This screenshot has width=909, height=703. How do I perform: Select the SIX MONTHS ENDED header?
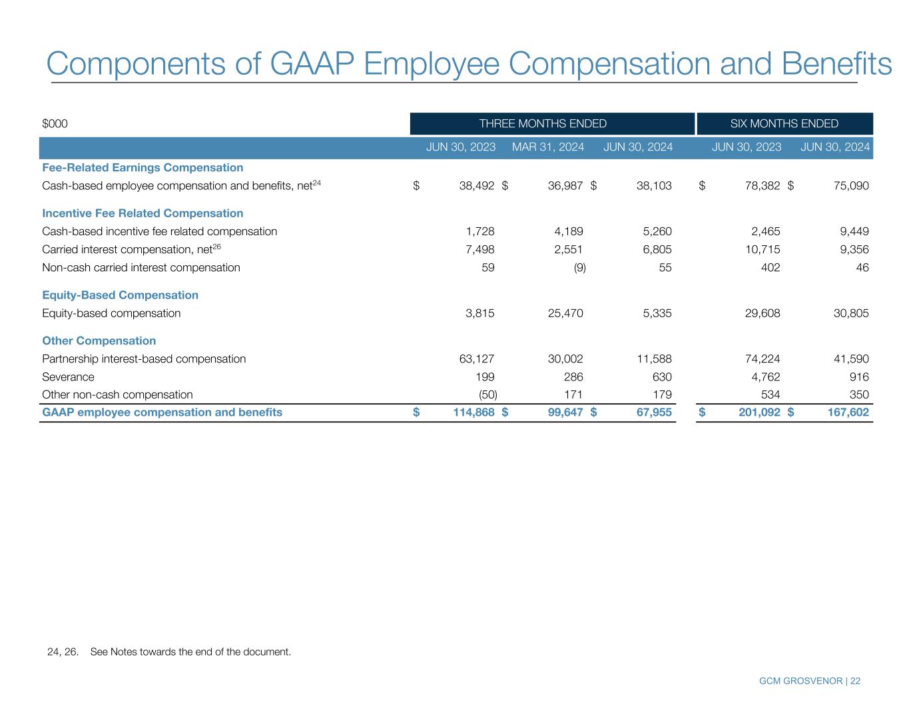coord(784,123)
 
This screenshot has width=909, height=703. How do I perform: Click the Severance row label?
coord(68,376)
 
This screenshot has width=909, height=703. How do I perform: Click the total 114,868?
coord(470,412)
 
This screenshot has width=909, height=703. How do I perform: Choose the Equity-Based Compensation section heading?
coord(120,295)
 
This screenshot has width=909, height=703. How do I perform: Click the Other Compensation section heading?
coord(99,341)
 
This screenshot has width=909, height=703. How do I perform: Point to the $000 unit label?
coord(55,123)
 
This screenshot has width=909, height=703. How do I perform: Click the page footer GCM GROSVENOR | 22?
coord(809,681)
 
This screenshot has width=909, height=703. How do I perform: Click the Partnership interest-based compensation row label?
coord(144,358)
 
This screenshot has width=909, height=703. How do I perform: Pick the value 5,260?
coord(654,231)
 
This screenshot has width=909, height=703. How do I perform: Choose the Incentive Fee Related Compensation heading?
coord(143,213)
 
